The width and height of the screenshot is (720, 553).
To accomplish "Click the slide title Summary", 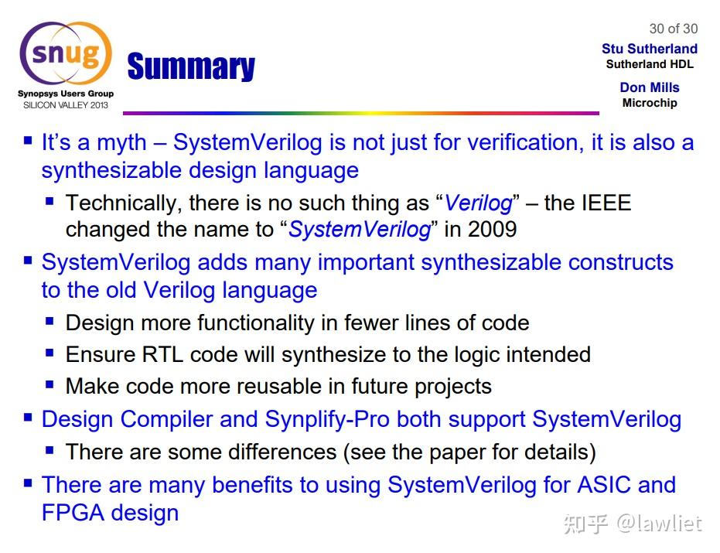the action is pos(191,67).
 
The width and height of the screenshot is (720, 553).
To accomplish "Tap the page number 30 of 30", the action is pos(673,29).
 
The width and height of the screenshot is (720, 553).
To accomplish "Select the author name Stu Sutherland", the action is pos(650,49).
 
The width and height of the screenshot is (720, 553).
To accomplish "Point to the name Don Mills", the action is pos(650,87).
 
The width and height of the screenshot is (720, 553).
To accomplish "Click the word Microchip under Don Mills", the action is pos(650,103).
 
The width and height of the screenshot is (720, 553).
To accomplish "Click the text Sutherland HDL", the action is pos(650,64).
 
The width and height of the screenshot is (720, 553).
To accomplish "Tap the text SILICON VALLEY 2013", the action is pos(66,104).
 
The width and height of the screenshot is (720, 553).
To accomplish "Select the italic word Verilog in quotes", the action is pos(479,203).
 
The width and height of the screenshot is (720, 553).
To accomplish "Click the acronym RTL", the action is pos(162,354).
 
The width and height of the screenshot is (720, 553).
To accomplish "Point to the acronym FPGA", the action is pos(73,512).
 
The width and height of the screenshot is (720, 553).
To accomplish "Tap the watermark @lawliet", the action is pos(659,524).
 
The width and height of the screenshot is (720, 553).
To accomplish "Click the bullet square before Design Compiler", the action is pos(28,418).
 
